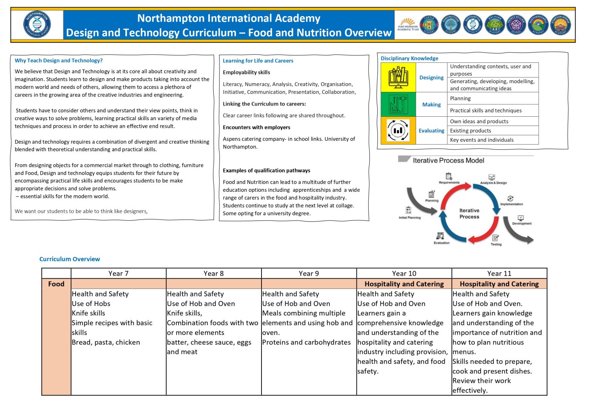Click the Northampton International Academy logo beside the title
(37, 25)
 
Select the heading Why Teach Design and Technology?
(59, 60)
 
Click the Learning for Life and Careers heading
(258, 61)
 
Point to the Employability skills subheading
(246, 72)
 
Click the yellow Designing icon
(398, 77)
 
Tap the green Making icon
(398, 104)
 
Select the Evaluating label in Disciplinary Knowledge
(431, 131)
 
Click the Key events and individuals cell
(482, 140)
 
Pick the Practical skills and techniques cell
(486, 111)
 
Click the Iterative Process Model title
(448, 161)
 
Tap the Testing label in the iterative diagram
(496, 244)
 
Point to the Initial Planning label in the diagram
(410, 218)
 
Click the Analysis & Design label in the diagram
(493, 183)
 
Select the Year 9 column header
(309, 273)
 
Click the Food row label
(56, 284)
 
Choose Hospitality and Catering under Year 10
(404, 284)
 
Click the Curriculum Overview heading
(69, 259)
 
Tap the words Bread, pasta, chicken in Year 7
(106, 342)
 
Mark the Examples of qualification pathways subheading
(267, 171)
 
